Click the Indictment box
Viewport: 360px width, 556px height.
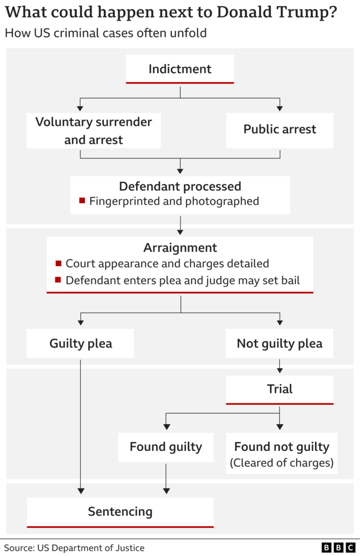[x=180, y=69]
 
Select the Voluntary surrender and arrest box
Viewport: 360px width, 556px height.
[x=93, y=131]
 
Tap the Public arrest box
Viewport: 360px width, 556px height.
[x=280, y=129]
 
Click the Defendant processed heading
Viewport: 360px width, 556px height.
[x=180, y=186]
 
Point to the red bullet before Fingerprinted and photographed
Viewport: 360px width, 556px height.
[x=82, y=201]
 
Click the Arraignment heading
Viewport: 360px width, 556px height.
[x=180, y=248]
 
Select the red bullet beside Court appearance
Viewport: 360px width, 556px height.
[x=58, y=264]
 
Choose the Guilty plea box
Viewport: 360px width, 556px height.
[x=80, y=344]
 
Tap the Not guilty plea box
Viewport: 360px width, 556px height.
[x=280, y=344]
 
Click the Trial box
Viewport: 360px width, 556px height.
[x=280, y=389]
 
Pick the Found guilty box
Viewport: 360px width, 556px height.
[x=166, y=447]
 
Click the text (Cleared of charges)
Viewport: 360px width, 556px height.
[x=282, y=463]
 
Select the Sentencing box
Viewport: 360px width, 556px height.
[x=120, y=512]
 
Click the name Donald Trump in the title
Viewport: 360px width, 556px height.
[x=281, y=13]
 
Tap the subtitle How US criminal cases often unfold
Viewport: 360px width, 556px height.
[x=106, y=33]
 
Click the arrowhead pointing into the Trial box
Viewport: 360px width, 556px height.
[x=280, y=370]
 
